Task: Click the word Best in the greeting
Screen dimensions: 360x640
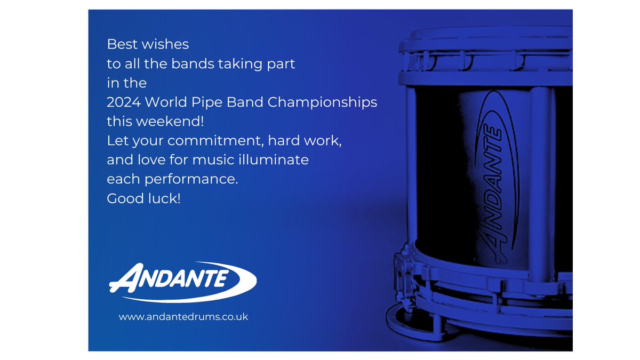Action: point(119,44)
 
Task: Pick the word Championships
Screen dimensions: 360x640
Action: point(323,102)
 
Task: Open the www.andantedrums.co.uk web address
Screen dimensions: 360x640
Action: point(183,317)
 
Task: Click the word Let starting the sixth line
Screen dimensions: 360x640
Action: point(116,141)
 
